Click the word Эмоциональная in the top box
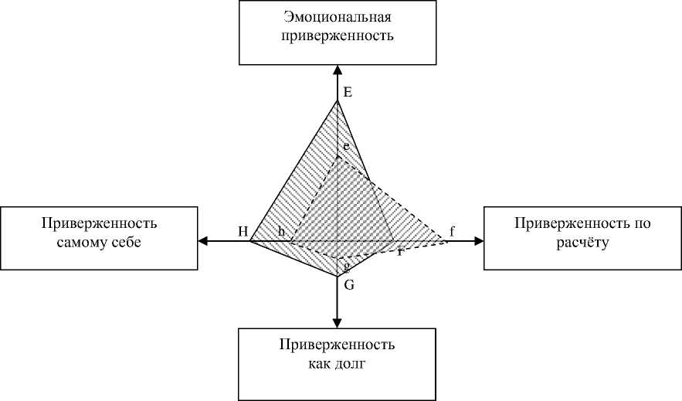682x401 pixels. pyautogui.click(x=338, y=18)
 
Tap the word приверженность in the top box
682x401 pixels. pyautogui.click(x=338, y=36)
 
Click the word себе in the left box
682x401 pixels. pyautogui.click(x=128, y=243)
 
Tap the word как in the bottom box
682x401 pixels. pyautogui.click(x=316, y=363)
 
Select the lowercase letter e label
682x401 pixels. pyautogui.click(x=347, y=146)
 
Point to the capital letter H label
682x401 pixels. pyautogui.click(x=243, y=231)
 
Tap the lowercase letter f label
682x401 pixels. pyautogui.click(x=453, y=230)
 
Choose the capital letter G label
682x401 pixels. pyautogui.click(x=349, y=285)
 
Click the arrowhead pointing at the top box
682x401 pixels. pyautogui.click(x=338, y=70)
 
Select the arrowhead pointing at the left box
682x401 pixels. pyautogui.click(x=204, y=241)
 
